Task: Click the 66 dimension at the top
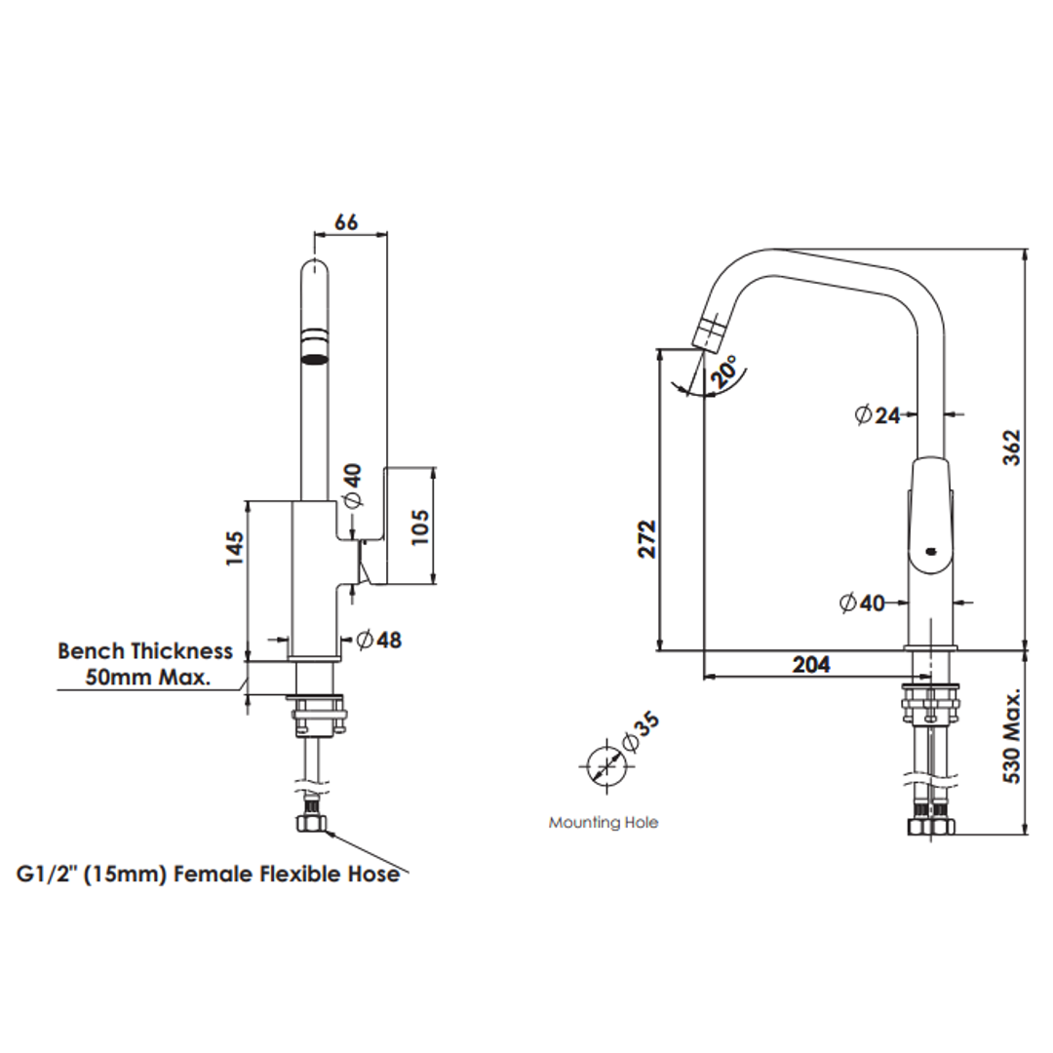pos(346,221)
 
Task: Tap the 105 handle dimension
pos(420,526)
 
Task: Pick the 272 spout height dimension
pos(647,538)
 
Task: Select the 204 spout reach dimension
pos(811,664)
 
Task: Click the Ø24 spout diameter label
pos(877,414)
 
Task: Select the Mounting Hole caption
pos(603,823)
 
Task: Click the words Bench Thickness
pos(145,650)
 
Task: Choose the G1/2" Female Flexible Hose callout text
pos(208,874)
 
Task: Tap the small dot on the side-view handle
pos(929,551)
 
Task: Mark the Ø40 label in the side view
pos(862,604)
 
